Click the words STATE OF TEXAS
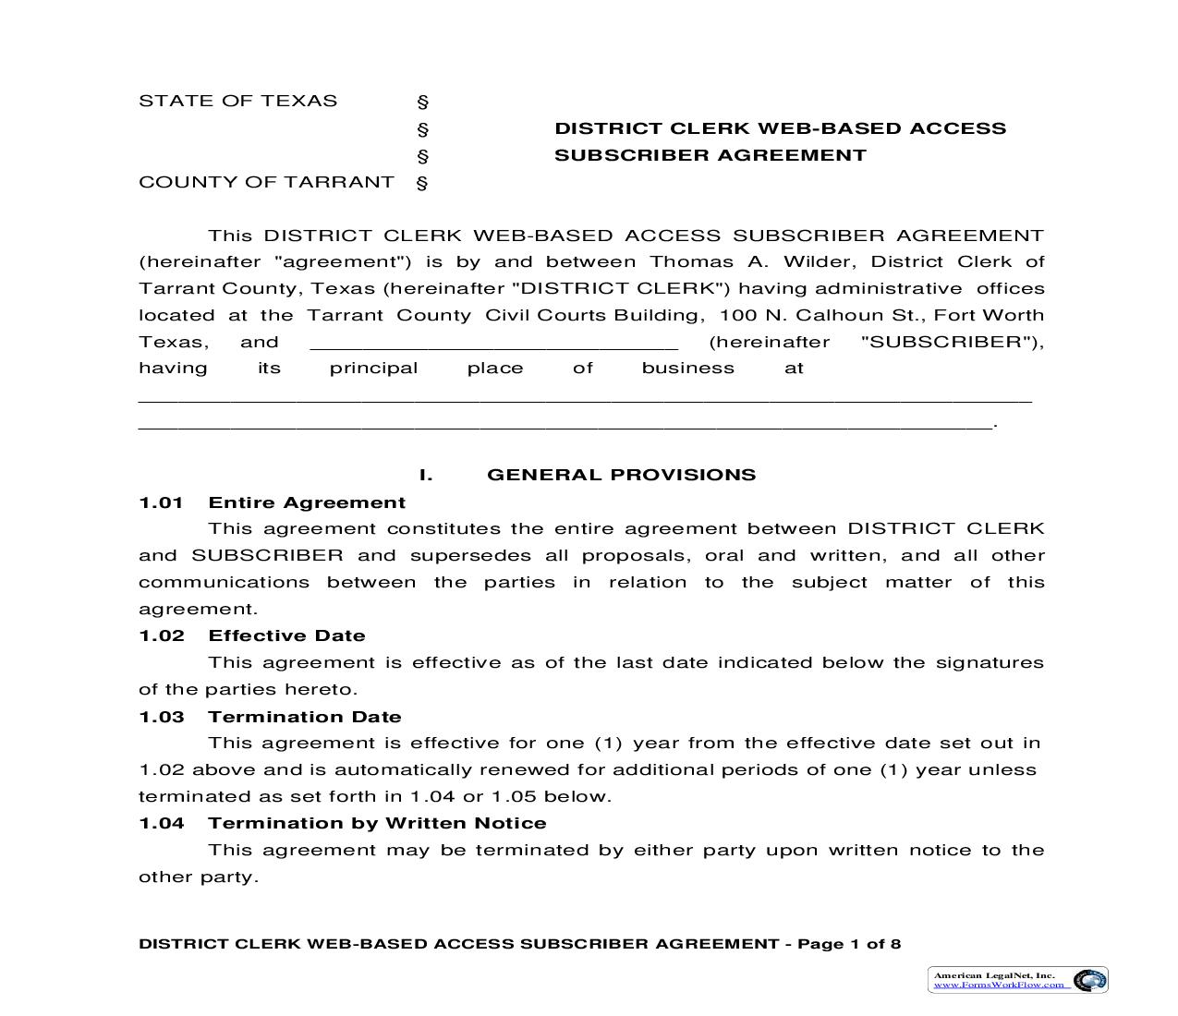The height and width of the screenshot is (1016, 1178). (x=237, y=101)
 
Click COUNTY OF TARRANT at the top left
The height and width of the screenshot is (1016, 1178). (x=266, y=182)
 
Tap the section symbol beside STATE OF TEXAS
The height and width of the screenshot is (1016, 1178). (x=422, y=102)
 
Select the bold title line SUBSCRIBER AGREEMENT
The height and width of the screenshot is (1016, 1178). (x=710, y=155)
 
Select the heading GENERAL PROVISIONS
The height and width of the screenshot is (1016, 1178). (x=621, y=475)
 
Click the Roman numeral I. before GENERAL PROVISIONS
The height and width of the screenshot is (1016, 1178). (x=426, y=475)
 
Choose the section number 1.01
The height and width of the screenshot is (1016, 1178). (x=161, y=502)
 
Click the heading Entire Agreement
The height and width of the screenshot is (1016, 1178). (x=307, y=502)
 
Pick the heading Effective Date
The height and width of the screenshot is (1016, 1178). (x=286, y=635)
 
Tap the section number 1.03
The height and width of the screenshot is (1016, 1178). (x=161, y=717)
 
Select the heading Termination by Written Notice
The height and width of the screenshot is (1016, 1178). (x=377, y=823)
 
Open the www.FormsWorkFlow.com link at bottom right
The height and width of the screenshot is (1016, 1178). (x=998, y=985)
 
